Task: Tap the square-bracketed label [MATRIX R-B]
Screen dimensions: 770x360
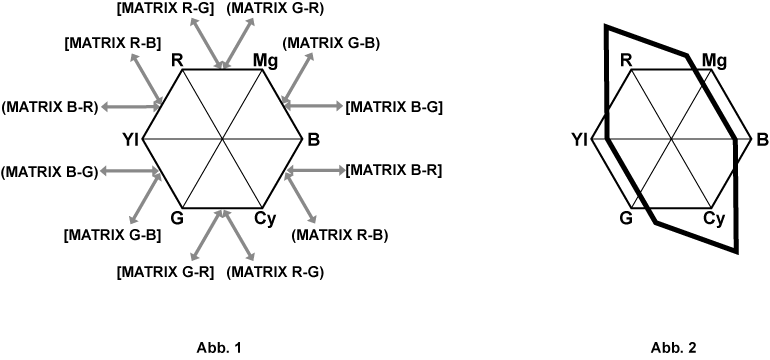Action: pyautogui.click(x=112, y=43)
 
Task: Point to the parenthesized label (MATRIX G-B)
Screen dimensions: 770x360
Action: pyautogui.click(x=331, y=43)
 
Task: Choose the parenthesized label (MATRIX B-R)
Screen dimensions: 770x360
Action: pyautogui.click(x=50, y=106)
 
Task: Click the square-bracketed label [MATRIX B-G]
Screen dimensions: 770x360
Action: pyautogui.click(x=394, y=106)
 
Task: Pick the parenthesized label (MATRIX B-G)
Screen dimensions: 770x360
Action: pyautogui.click(x=50, y=171)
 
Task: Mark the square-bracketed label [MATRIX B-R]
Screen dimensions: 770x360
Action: pyautogui.click(x=394, y=171)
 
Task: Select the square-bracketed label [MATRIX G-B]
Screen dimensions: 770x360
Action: pyautogui.click(x=112, y=235)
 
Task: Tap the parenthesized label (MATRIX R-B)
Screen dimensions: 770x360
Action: pyautogui.click(x=339, y=235)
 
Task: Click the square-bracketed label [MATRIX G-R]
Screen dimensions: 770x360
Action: pyautogui.click(x=165, y=271)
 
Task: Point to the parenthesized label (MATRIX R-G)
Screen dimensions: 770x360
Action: pyautogui.click(x=276, y=271)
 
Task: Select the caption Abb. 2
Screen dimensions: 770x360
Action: pyautogui.click(x=673, y=349)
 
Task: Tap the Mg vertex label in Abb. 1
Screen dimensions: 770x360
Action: pyautogui.click(x=265, y=61)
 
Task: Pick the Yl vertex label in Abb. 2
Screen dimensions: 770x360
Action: pyautogui.click(x=579, y=140)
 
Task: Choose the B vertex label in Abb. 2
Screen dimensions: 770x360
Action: pyautogui.click(x=763, y=140)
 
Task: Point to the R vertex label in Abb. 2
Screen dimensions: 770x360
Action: pyautogui.click(x=626, y=60)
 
